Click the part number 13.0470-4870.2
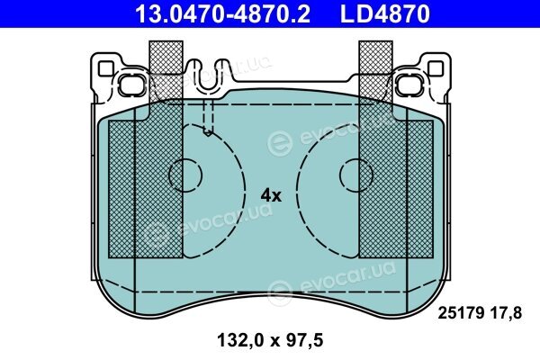[223, 13]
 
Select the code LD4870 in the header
[385, 13]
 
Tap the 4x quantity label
[271, 195]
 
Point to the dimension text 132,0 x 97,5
[270, 340]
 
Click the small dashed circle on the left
[185, 175]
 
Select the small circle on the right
[356, 175]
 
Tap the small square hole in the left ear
[105, 68]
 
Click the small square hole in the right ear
[436, 68]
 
